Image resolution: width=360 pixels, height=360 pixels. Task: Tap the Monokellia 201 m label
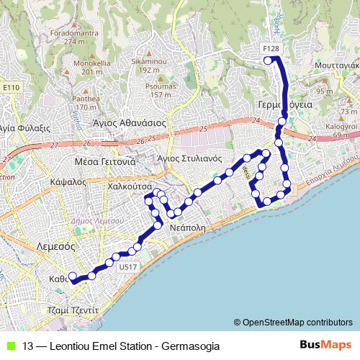pos(91,68)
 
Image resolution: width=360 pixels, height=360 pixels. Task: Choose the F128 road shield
pos(271,48)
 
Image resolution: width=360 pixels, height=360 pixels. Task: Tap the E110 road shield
pos(10,87)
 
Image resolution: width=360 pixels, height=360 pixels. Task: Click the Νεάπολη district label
pos(189,225)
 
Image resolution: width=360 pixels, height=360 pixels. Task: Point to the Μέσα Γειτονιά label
pos(105,161)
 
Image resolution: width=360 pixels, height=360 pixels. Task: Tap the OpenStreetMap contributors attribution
pos(297,322)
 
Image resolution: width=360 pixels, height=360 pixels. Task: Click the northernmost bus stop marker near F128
pos(268,61)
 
